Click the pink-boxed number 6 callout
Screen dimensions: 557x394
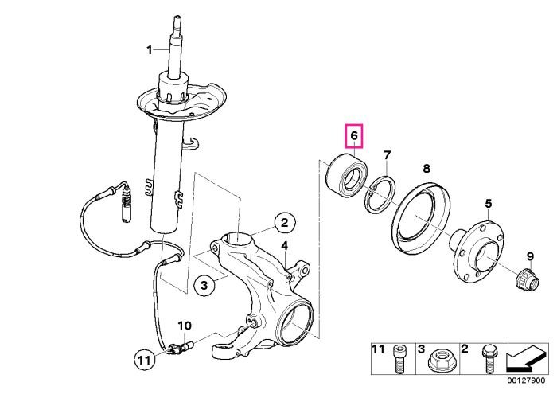click(x=354, y=136)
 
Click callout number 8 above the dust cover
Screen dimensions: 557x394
click(x=427, y=169)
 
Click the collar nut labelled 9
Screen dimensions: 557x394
click(x=527, y=279)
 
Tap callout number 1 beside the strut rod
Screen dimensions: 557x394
click(x=150, y=49)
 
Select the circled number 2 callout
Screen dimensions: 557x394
click(x=285, y=223)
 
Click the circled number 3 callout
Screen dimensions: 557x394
click(x=204, y=285)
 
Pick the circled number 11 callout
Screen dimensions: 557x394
click(x=145, y=361)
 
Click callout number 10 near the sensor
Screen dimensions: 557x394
click(x=185, y=326)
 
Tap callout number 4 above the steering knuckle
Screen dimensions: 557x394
click(x=285, y=245)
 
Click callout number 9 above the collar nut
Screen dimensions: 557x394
click(x=530, y=256)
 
